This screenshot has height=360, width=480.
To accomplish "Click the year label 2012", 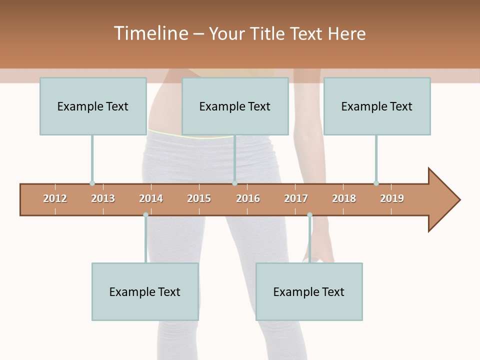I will pyautogui.click(x=55, y=198).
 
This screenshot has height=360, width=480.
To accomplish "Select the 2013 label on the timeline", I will pyautogui.click(x=103, y=198).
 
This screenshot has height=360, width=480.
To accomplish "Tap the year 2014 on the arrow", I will pyautogui.click(x=151, y=198).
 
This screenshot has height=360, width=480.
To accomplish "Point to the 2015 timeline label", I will pyautogui.click(x=199, y=198).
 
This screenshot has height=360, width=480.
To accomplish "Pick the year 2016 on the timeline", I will pyautogui.click(x=248, y=198).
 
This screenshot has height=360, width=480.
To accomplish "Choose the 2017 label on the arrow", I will pyautogui.click(x=296, y=198).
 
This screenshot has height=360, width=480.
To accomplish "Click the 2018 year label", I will pyautogui.click(x=344, y=198).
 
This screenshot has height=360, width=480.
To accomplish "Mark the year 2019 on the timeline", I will pyautogui.click(x=392, y=198).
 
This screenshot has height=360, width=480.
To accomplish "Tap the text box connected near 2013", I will pyautogui.click(x=93, y=106).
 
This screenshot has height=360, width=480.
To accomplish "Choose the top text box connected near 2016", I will pyautogui.click(x=235, y=106).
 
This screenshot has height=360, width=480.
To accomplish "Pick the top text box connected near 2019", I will pyautogui.click(x=377, y=106).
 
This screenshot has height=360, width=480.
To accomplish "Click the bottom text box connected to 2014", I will pyautogui.click(x=145, y=291).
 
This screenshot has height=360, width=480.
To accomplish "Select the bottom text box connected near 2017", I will pyautogui.click(x=309, y=291).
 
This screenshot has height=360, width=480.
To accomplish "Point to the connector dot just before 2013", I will pyautogui.click(x=92, y=183).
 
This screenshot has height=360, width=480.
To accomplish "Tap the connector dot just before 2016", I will pyautogui.click(x=235, y=183).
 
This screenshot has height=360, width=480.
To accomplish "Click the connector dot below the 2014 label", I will pyautogui.click(x=145, y=215).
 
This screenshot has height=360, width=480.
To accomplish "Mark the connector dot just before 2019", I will pyautogui.click(x=376, y=183).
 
